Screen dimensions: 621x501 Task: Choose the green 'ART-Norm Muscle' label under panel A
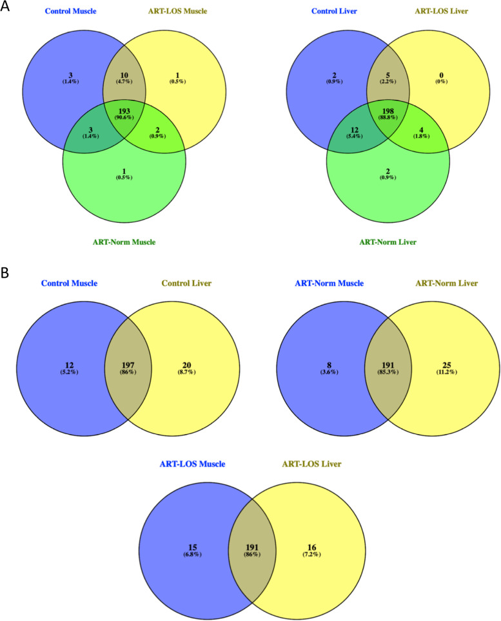click(124, 242)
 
